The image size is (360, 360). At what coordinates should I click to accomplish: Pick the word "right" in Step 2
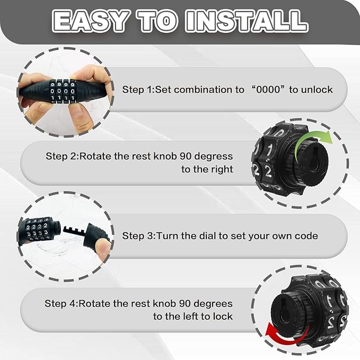pos(222,170)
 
